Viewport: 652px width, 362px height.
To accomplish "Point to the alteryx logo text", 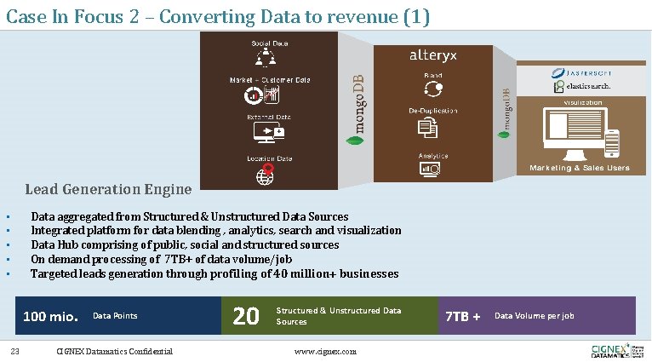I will [433, 55].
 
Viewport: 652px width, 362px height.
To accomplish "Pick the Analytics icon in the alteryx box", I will [429, 170].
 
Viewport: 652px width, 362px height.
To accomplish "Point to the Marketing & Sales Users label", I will [579, 168].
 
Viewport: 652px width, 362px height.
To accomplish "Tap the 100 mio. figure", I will [51, 317].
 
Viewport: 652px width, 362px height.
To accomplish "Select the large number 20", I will [246, 316].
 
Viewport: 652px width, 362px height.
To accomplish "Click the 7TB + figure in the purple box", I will [463, 317].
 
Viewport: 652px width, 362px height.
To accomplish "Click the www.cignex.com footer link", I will [325, 352].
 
